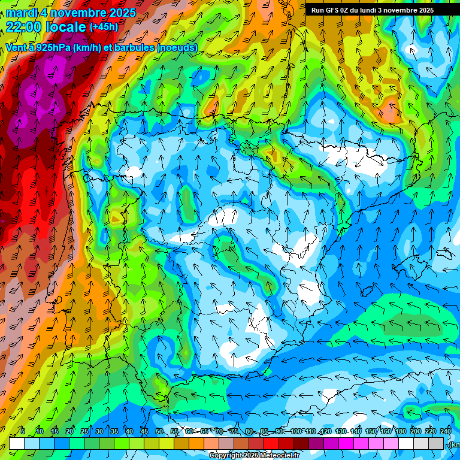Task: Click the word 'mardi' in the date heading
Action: pyautogui.click(x=21, y=13)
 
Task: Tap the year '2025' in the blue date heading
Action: pyautogui.click(x=119, y=13)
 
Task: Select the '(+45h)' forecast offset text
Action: pyautogui.click(x=104, y=26)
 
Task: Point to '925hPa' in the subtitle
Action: pyautogui.click(x=53, y=47)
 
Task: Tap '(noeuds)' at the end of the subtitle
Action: pyautogui.click(x=177, y=47)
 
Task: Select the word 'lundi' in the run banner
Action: pyautogui.click(x=377, y=10)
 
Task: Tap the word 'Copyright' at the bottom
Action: pyautogui.click(x=226, y=456)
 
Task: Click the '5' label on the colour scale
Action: pyautogui.click(x=23, y=431)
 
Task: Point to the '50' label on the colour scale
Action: pyautogui.click(x=159, y=431)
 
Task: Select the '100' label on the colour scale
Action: pyautogui.click(x=296, y=431)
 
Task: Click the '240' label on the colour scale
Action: pyautogui.click(x=446, y=431)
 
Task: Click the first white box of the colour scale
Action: pyautogui.click(x=17, y=443)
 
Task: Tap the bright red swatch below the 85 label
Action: pyautogui.click(x=272, y=443)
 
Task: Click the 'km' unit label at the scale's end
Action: pyautogui.click(x=455, y=444)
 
